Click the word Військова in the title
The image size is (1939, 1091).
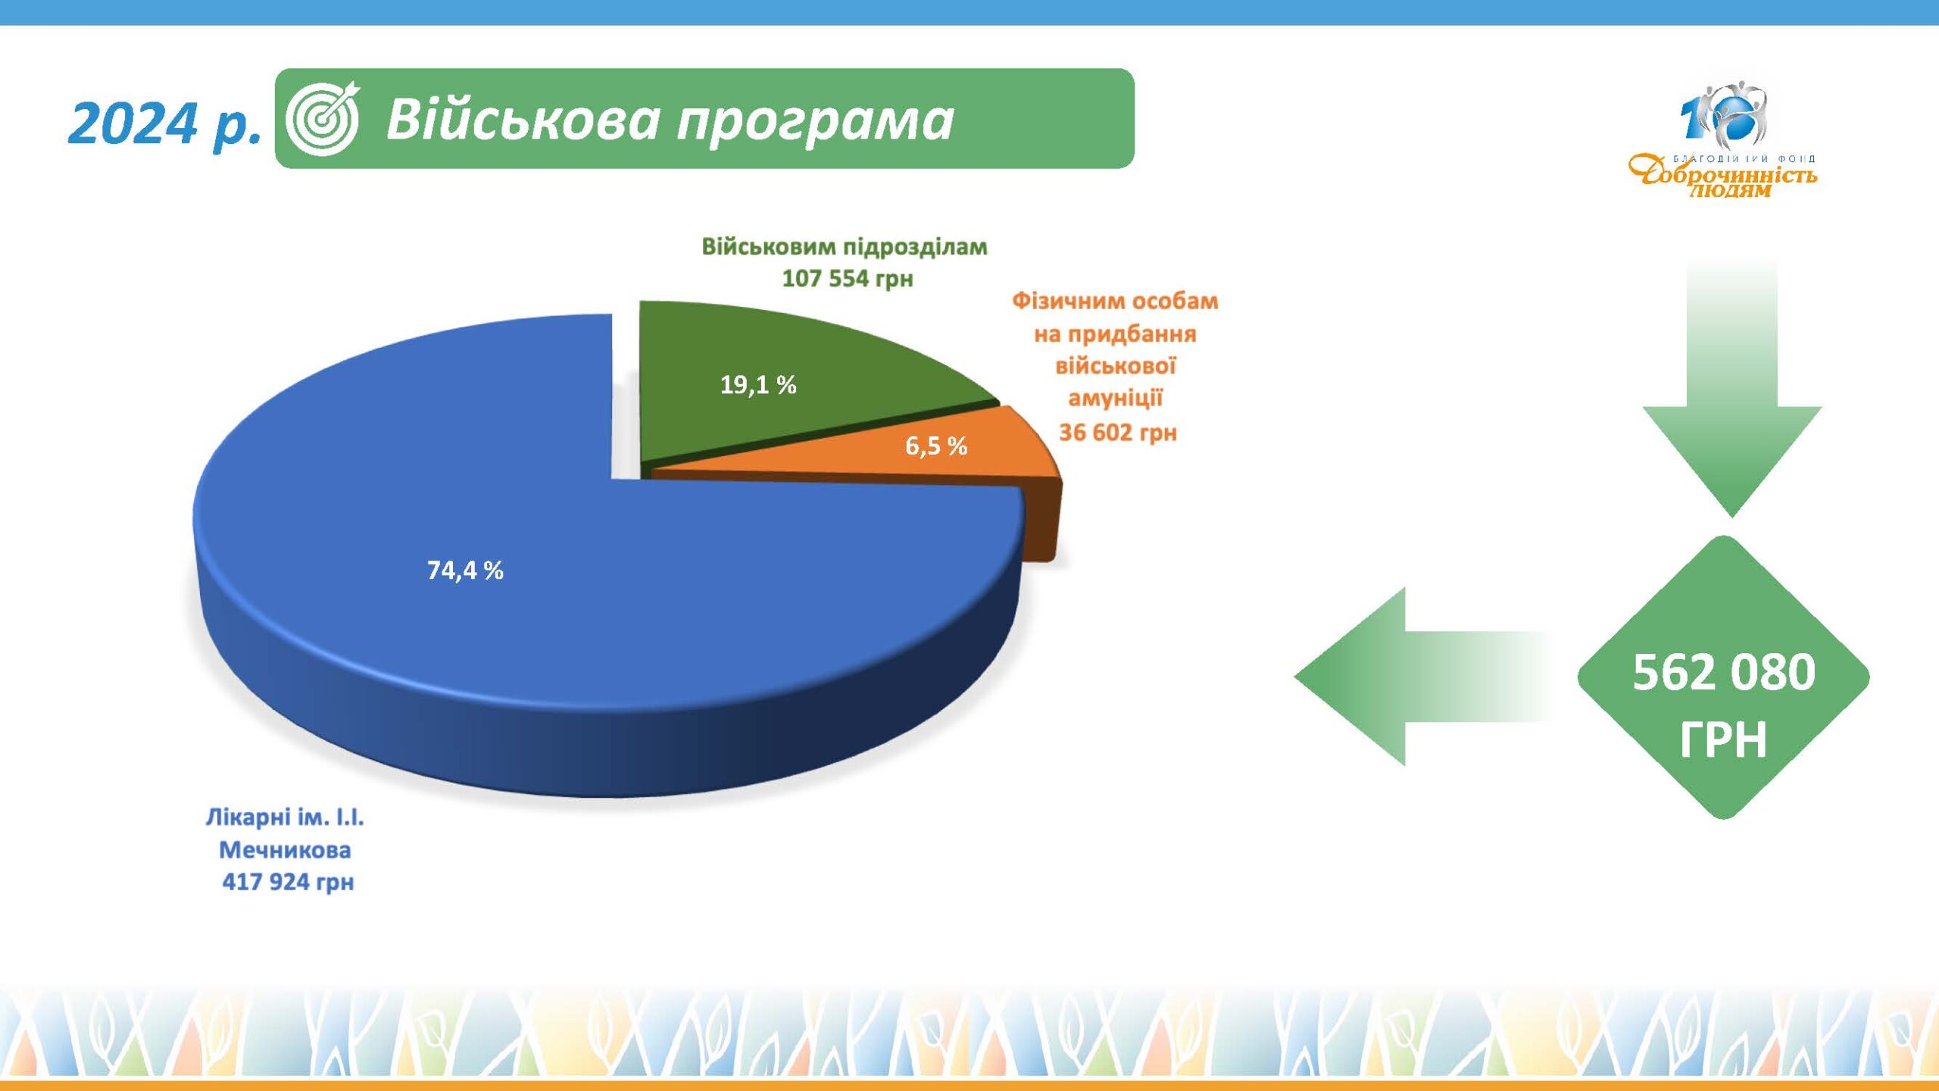tap(523, 119)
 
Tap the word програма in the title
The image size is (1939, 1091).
tap(815, 123)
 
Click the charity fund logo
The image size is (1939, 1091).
tap(1722, 141)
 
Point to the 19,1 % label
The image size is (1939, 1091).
tap(758, 385)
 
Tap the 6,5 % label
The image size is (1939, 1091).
tap(936, 445)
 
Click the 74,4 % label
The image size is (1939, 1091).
tap(465, 570)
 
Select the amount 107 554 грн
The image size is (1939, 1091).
tap(848, 279)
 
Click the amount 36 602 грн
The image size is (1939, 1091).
tap(1118, 433)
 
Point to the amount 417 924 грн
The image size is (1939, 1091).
tap(288, 882)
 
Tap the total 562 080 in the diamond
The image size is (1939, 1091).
tap(1724, 672)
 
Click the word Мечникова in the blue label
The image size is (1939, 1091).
tap(285, 850)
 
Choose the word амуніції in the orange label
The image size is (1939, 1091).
tap(1116, 399)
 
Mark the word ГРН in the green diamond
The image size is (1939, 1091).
tap(1723, 739)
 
